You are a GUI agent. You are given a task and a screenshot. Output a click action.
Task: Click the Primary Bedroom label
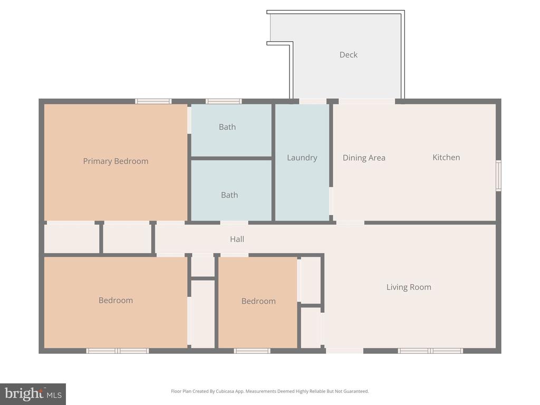[115, 161]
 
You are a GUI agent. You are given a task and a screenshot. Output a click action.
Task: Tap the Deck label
[349, 55]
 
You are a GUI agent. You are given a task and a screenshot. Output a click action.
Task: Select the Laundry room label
[302, 158]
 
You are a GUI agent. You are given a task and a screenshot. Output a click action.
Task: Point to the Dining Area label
[364, 158]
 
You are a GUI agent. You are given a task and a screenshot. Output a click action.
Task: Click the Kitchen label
[446, 157]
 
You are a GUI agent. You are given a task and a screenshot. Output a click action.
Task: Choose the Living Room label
[409, 287]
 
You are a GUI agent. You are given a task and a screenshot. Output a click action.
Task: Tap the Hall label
[237, 239]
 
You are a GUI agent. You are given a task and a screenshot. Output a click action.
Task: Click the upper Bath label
[227, 127]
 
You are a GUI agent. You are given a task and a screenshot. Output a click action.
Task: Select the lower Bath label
[229, 195]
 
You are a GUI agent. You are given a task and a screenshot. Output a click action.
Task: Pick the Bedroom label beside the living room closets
[258, 301]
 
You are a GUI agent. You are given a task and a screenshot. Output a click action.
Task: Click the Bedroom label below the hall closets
[115, 300]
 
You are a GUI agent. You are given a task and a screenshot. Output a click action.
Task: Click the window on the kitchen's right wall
[498, 175]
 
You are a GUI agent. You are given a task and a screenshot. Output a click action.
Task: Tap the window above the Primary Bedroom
[153, 101]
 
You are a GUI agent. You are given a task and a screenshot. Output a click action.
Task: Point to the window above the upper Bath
[224, 101]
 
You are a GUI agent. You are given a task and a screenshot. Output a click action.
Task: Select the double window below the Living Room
[430, 351]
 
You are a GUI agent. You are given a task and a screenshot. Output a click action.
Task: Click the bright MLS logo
[33, 394]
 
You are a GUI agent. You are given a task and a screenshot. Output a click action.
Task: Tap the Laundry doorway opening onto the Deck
[313, 101]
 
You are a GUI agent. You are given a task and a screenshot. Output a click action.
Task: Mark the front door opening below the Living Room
[345, 351]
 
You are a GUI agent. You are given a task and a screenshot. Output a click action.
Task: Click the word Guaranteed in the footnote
[358, 391]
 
